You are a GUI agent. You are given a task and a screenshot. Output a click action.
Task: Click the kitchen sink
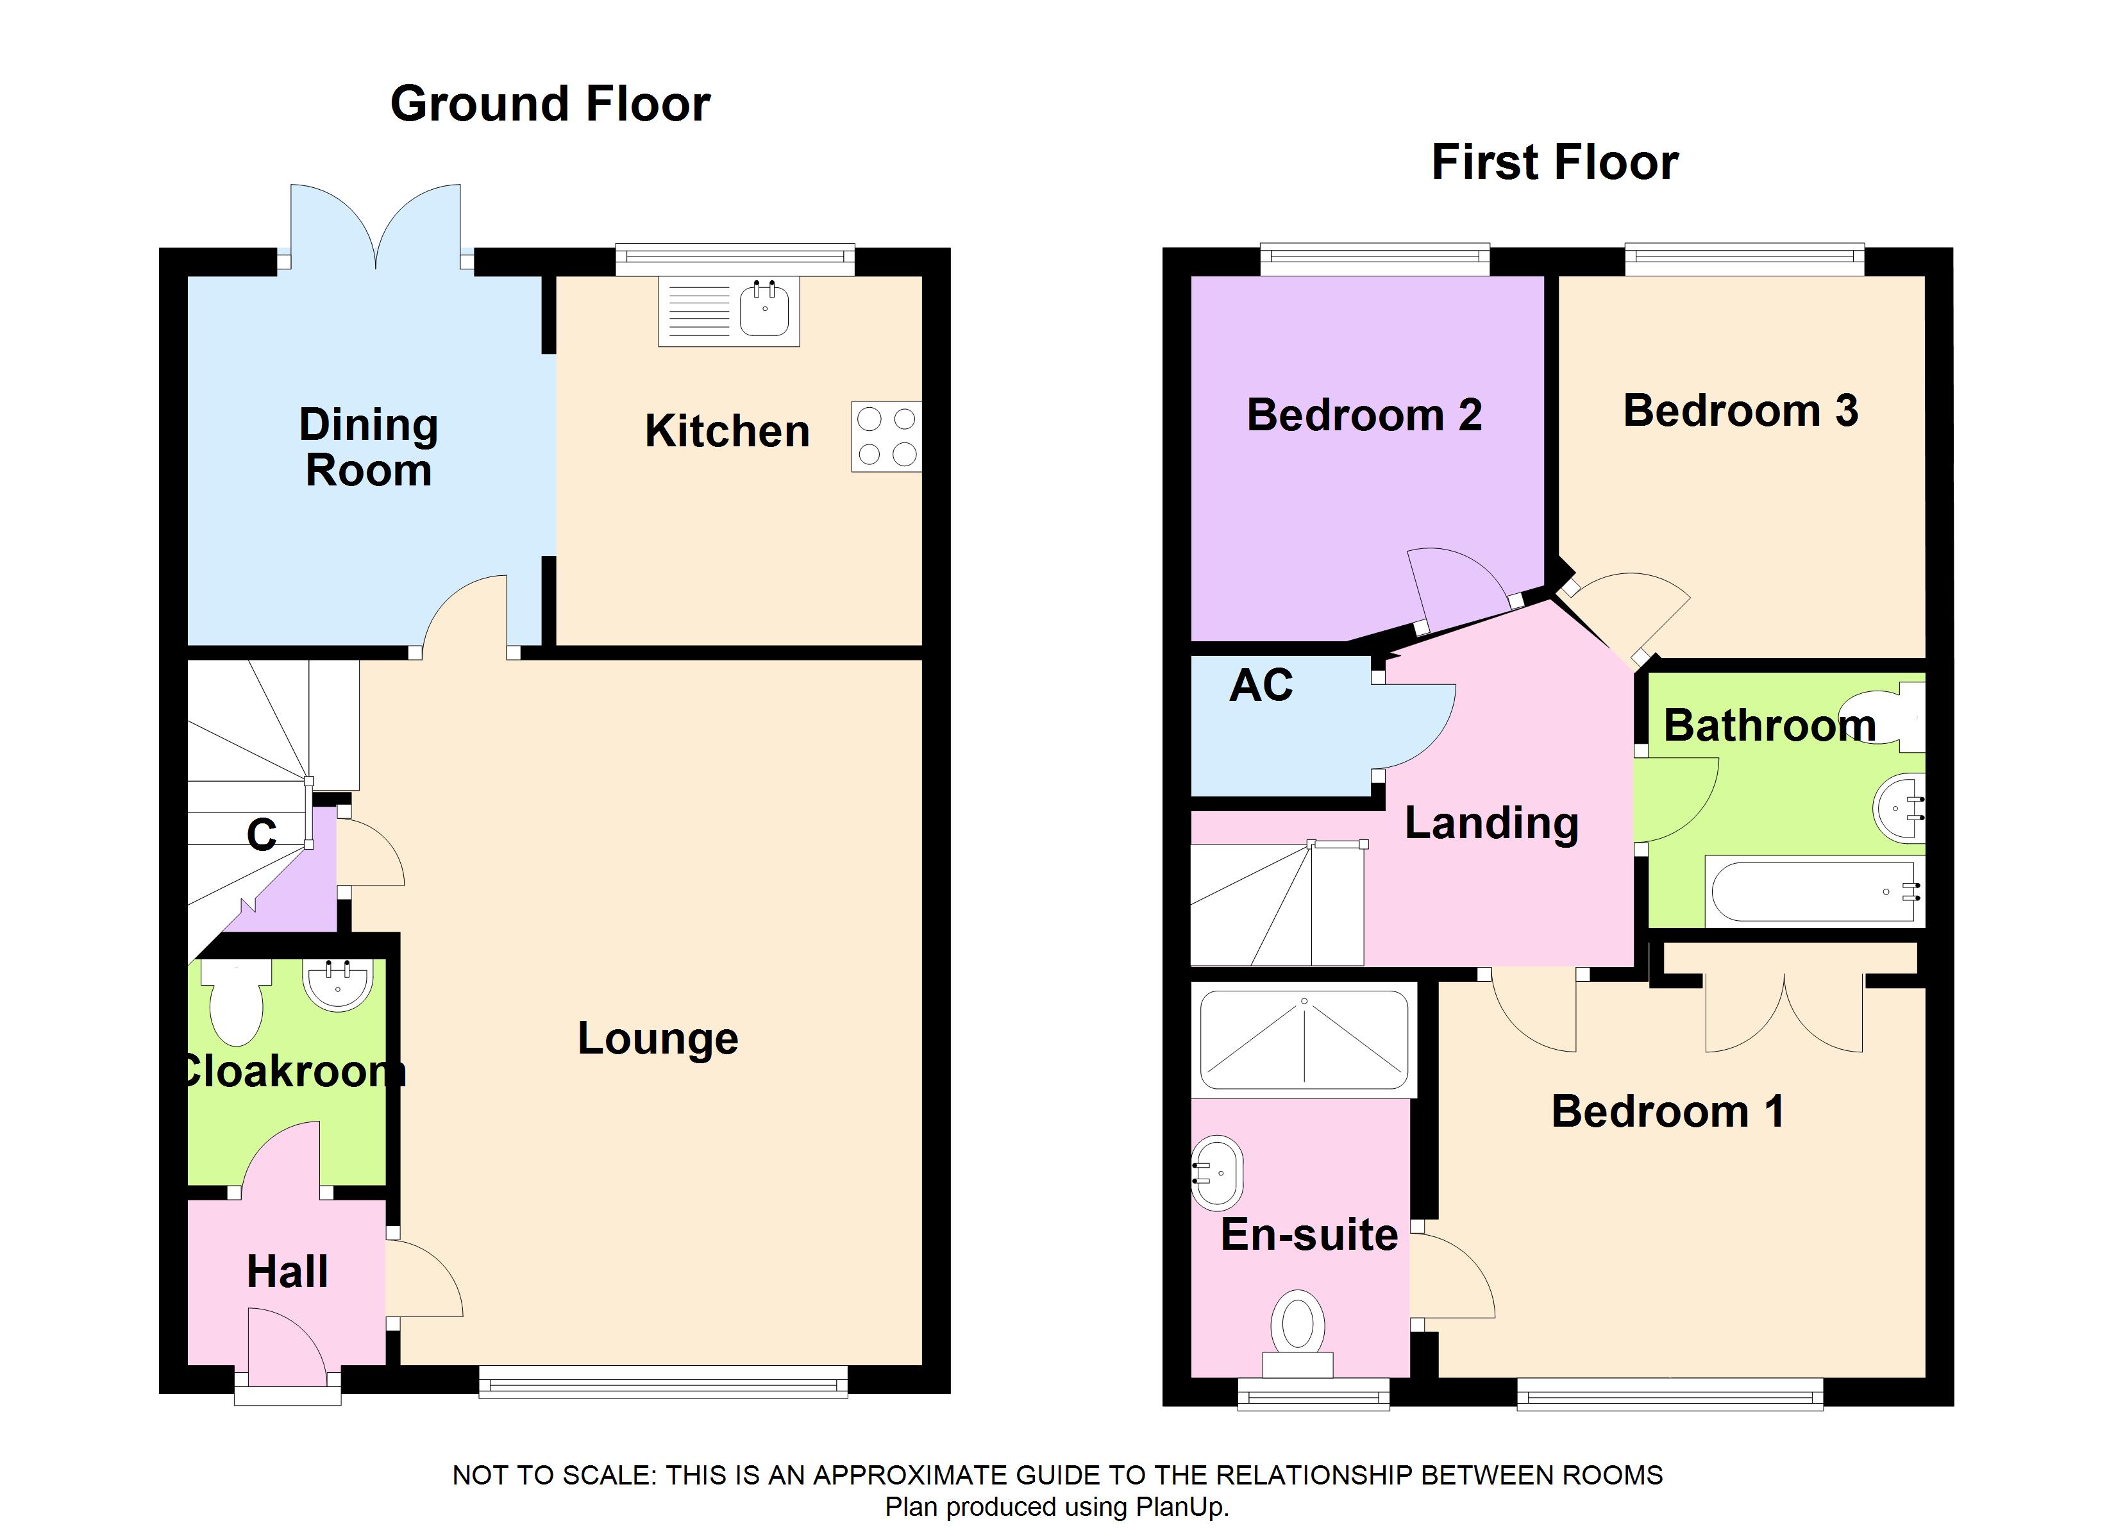point(728,312)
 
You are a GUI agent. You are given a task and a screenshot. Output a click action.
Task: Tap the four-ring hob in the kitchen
point(886,436)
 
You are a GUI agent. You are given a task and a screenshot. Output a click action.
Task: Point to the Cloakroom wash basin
point(338,984)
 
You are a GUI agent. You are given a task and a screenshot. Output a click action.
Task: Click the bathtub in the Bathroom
point(1815,891)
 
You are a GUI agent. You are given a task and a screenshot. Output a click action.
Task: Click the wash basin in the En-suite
point(1218,1173)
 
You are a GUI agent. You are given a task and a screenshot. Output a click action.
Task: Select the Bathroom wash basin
point(1899,807)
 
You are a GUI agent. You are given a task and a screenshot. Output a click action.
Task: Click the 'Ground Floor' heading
point(550,104)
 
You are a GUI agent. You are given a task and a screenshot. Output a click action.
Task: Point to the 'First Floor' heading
point(1556,162)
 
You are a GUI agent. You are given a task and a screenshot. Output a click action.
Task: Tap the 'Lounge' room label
point(658,1039)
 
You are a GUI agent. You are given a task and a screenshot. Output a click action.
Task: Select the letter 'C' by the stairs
point(261,834)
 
